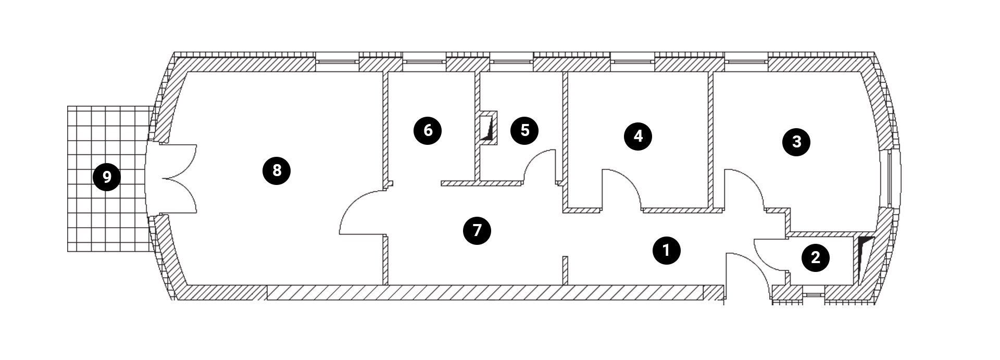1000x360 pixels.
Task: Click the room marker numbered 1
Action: point(666,251)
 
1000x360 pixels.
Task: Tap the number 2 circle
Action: point(815,257)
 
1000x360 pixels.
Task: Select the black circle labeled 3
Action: point(796,142)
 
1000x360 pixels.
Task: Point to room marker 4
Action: point(638,136)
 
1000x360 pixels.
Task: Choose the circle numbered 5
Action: point(524,130)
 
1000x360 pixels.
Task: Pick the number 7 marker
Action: point(477,230)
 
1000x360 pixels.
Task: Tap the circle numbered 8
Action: point(277,170)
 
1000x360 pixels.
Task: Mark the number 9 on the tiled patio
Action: point(107,178)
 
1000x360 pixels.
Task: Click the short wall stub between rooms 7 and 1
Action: point(565,270)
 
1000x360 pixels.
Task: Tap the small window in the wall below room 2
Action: point(811,295)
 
